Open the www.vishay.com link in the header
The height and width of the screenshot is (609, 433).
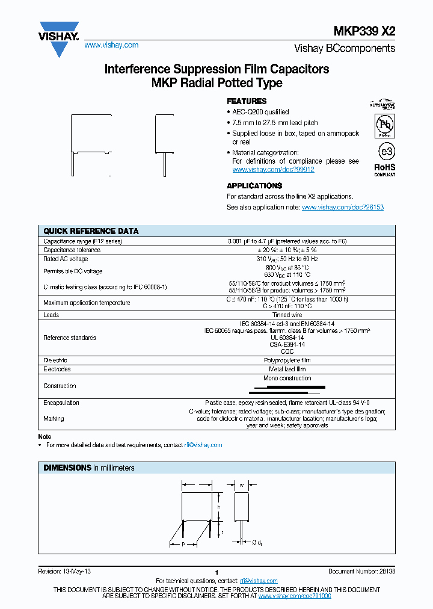pos(111,45)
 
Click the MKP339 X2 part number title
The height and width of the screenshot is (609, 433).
pos(364,32)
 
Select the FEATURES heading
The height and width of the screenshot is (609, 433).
pos(246,101)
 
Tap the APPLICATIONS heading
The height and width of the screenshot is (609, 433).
pos(254,186)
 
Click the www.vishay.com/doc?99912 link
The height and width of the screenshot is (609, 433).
pos(273,170)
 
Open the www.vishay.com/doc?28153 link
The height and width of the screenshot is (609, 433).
pos(342,207)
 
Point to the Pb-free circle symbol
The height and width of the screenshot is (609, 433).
pos(385,125)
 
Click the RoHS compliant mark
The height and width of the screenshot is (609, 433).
pos(385,168)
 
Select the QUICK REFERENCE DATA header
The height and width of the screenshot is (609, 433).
pos(91,231)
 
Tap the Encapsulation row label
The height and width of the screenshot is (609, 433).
pos(61,403)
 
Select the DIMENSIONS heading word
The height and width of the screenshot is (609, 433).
pos(67,468)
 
